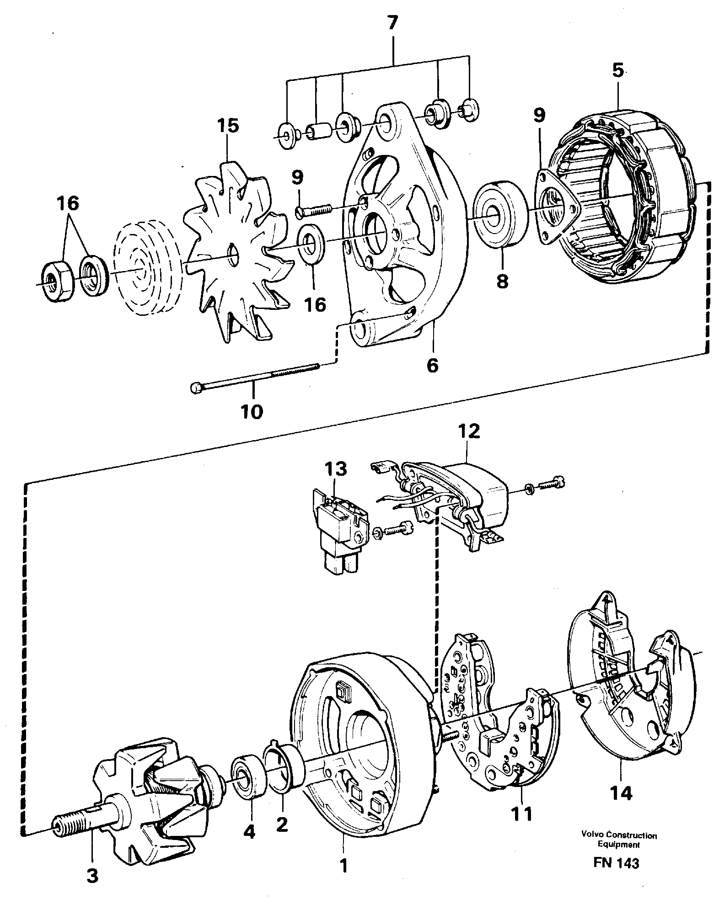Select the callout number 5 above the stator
point(617,71)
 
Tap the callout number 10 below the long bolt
point(251,411)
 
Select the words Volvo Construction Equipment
point(619,840)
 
